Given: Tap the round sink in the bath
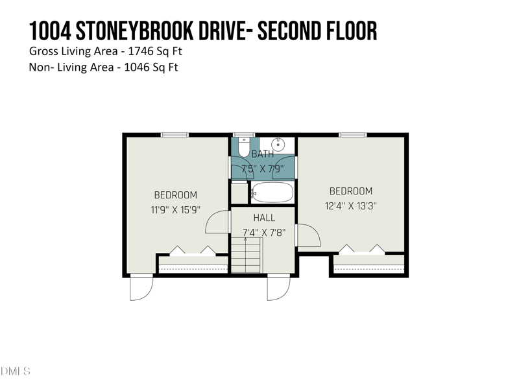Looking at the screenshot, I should pos(277,145).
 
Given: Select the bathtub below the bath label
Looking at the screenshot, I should pos(272,192).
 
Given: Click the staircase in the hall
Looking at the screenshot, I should pos(245,255).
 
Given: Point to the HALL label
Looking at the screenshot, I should pos(264,218).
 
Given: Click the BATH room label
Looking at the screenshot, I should pos(263,154).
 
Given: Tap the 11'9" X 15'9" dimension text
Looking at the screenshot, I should pos(175,209).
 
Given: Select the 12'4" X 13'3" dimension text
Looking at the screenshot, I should pos(350,206).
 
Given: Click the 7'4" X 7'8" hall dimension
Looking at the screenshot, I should pos(263,232).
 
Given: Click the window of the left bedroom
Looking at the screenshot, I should pos(175,135).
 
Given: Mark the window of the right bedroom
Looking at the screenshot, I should pos(352,135).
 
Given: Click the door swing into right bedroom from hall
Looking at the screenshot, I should pos(309,235).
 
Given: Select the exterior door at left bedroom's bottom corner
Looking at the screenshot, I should pos(141,288).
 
